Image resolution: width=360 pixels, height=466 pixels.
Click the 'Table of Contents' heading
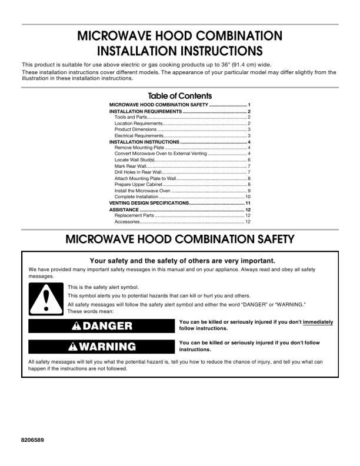click(180, 96)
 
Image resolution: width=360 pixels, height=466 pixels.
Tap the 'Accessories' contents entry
click(127, 222)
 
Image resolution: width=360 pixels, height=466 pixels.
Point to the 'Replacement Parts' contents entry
click(134, 215)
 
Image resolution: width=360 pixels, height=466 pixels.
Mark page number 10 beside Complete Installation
click(248, 197)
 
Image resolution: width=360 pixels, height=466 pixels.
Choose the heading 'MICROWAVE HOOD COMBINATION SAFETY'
click(180, 239)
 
